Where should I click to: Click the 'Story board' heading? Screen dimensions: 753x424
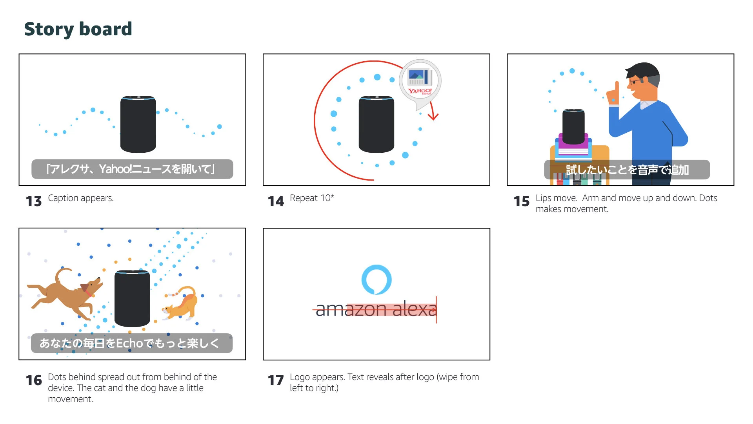78,29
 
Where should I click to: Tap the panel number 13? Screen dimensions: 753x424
34,201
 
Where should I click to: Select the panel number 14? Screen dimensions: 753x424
276,201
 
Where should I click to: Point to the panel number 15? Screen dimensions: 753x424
522,201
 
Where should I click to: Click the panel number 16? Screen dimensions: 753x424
34,380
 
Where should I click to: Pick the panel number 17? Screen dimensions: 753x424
276,380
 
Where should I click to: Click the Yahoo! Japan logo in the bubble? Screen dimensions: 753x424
420,91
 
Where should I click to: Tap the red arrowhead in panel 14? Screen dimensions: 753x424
433,117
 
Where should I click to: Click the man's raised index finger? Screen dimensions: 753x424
617,88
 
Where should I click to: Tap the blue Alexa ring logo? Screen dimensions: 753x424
376,280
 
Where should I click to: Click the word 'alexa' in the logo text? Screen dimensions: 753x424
414,309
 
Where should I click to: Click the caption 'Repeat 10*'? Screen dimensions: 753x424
312,198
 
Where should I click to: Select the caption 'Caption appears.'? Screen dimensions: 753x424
81,198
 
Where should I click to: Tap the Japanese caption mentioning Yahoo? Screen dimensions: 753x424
132,169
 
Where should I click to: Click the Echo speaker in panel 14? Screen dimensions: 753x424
376,124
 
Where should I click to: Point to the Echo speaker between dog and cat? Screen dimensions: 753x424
132,298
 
